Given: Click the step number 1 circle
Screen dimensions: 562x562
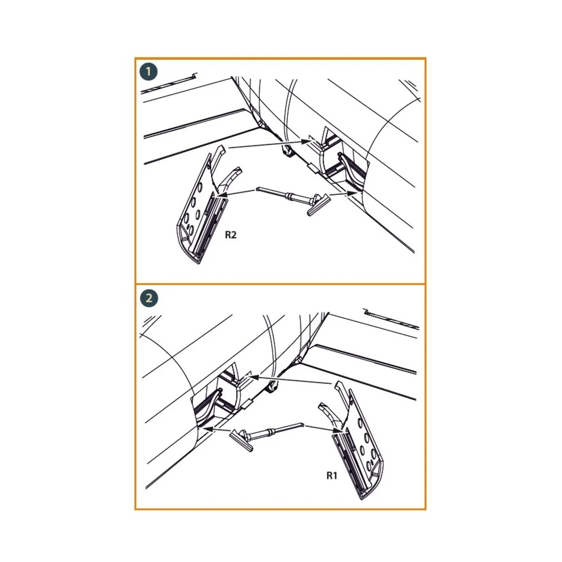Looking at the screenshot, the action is (x=148, y=72).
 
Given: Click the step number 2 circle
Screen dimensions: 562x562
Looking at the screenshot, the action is (x=149, y=298).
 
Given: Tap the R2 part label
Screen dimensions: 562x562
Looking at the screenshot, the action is (x=230, y=235).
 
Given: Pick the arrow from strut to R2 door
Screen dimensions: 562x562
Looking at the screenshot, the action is (x=236, y=193).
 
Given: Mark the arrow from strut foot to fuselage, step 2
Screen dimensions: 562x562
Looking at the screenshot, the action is (x=217, y=429).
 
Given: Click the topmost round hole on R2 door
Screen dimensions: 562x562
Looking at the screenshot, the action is (x=200, y=187).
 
